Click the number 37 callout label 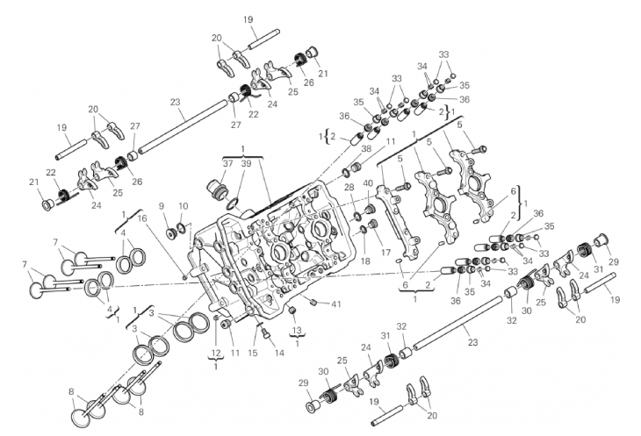point(227,164)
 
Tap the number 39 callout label point(245,164)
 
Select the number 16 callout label point(142,218)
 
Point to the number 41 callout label point(336,304)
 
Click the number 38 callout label point(367,149)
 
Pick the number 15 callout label point(253,353)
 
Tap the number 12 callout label point(216,354)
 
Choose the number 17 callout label point(385,253)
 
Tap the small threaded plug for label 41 point(314,302)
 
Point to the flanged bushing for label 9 point(170,233)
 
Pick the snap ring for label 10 point(182,228)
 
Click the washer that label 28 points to point(357,215)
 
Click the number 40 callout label point(368,183)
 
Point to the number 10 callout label point(184,206)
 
